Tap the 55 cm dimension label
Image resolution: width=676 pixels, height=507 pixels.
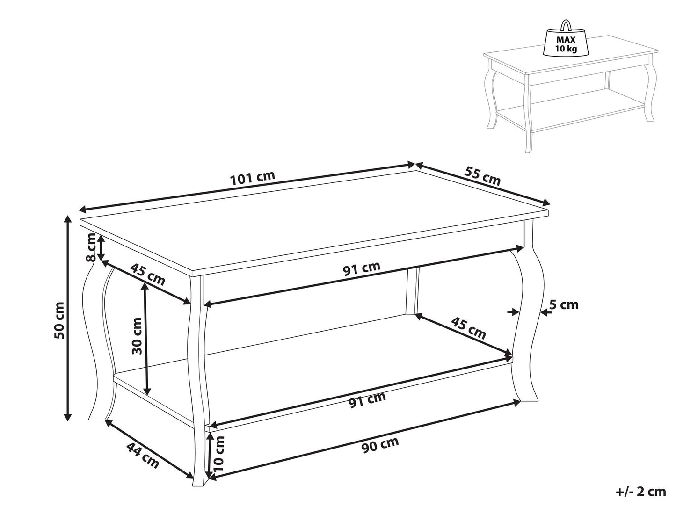482,175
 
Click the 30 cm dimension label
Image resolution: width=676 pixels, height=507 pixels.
137,335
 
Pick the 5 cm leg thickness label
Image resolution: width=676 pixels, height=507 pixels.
563,305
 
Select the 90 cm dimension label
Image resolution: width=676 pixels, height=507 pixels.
380,445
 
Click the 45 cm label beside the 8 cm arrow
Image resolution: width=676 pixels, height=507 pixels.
148,275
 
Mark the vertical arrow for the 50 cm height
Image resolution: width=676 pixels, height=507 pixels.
68,318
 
